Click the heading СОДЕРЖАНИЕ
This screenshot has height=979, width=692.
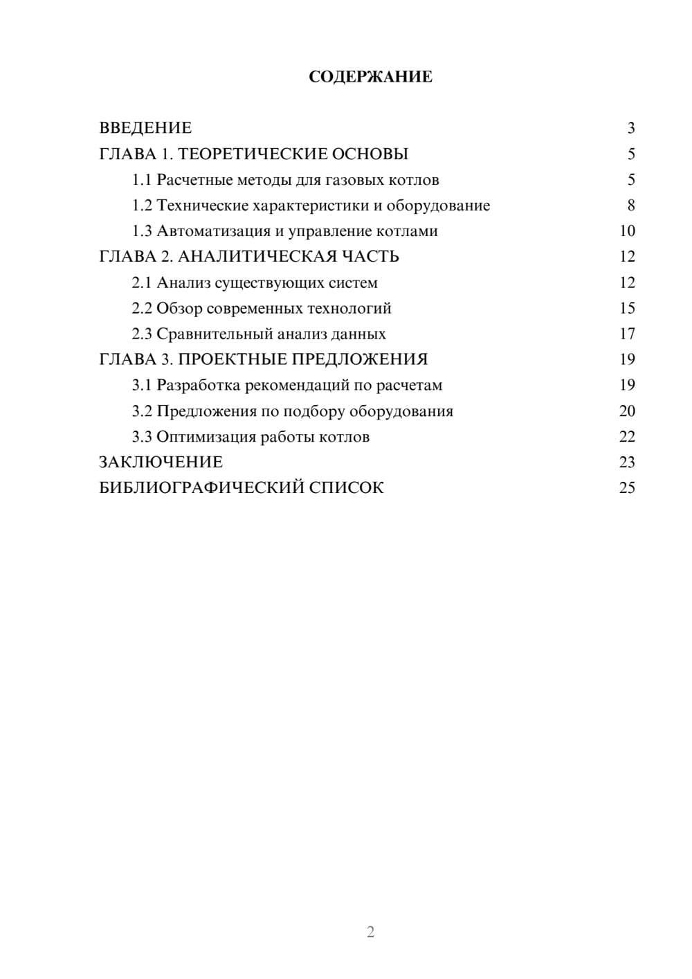(370, 77)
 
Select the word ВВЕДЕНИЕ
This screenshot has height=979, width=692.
(145, 128)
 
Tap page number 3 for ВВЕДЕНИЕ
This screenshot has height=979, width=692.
(630, 128)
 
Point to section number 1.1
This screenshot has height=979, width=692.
(142, 180)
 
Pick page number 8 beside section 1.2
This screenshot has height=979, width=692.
(630, 206)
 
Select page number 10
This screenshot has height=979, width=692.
(627, 231)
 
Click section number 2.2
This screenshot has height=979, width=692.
(142, 308)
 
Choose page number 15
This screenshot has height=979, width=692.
(627, 308)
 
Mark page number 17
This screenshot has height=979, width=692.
(627, 334)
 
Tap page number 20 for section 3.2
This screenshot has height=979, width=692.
(627, 411)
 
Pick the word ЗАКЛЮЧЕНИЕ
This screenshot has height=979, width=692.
(161, 462)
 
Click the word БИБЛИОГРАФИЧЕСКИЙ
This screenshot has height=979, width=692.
(201, 488)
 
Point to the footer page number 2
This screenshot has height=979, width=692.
(370, 932)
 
